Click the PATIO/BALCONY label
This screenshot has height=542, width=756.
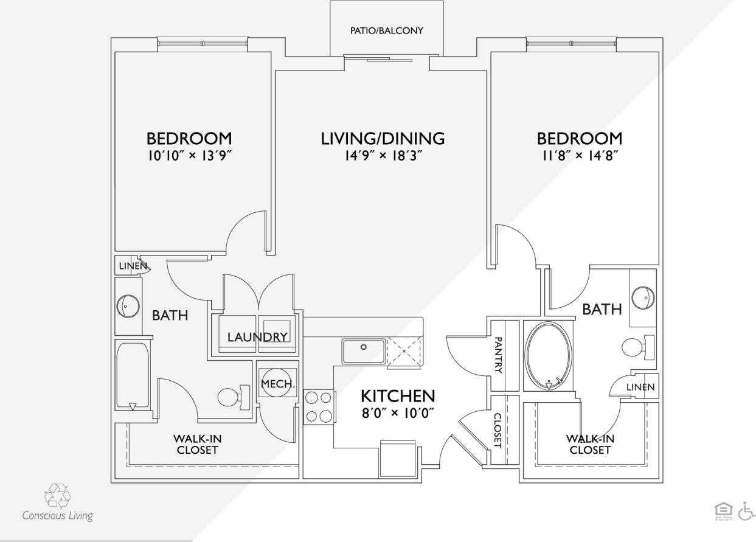[x=386, y=30]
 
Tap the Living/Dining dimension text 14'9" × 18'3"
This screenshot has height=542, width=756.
[x=383, y=155]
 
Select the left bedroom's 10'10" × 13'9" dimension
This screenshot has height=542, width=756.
[x=189, y=155]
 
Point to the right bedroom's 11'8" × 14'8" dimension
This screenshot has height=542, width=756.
[x=580, y=155]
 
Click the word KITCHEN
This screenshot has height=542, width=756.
[x=398, y=396]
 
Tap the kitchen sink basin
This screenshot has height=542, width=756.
[x=363, y=352]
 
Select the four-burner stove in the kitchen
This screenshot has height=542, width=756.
[x=319, y=407]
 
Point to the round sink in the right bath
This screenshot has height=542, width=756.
[x=643, y=298]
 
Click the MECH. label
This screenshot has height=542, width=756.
[x=277, y=384]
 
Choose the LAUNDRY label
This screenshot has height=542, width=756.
[x=257, y=337]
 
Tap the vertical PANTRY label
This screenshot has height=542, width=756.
[x=498, y=355]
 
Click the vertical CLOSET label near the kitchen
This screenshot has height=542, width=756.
[x=497, y=430]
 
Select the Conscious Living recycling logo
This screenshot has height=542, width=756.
[x=57, y=496]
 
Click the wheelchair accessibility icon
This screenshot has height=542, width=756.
[x=746, y=512]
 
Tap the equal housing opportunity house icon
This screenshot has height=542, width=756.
[x=724, y=512]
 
